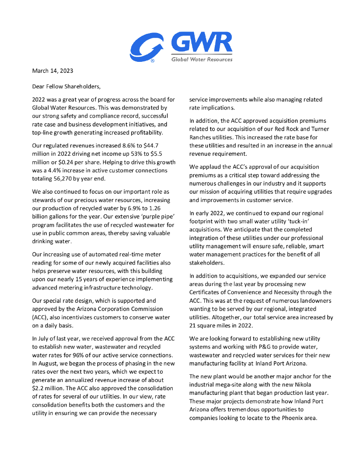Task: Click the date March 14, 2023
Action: (52, 71)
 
